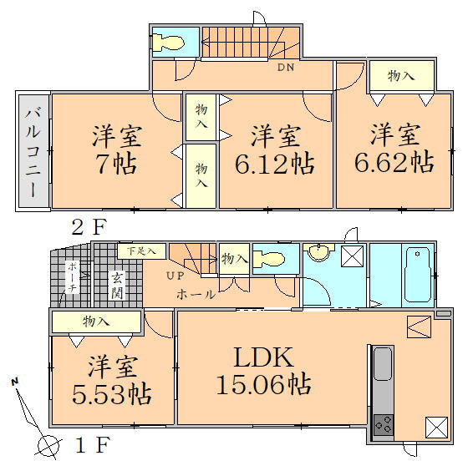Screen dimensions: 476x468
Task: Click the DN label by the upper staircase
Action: pos(284,68)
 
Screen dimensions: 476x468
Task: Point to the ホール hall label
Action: pos(196,294)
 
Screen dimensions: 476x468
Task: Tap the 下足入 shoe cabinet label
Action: pos(130,251)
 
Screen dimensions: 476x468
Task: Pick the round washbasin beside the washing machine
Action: pos(318,253)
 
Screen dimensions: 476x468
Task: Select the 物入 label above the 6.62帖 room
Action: pos(401,76)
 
